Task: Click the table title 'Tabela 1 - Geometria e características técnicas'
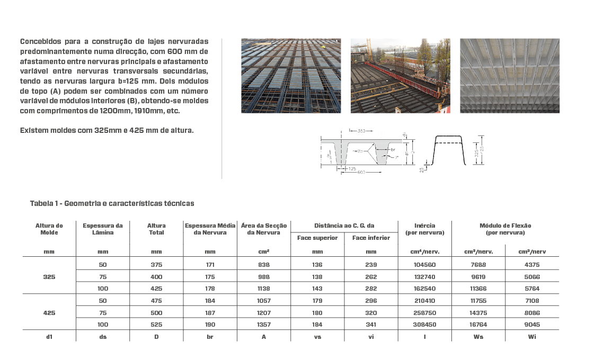click(112, 203)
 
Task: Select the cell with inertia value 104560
click(424, 265)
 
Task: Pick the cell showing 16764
click(478, 325)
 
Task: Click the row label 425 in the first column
click(49, 313)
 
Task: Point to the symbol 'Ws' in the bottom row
click(478, 337)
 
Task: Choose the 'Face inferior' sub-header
click(371, 238)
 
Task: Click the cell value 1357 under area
click(263, 325)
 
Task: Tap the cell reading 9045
click(532, 325)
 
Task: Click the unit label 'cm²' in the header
click(263, 252)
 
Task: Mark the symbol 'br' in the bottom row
click(210, 337)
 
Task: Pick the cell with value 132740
click(424, 276)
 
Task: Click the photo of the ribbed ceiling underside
click(509, 75)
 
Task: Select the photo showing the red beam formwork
click(400, 75)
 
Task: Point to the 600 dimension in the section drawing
click(361, 173)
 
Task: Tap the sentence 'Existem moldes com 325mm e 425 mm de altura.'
click(106, 130)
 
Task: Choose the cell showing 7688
click(478, 265)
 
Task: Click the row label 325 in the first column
click(49, 276)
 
